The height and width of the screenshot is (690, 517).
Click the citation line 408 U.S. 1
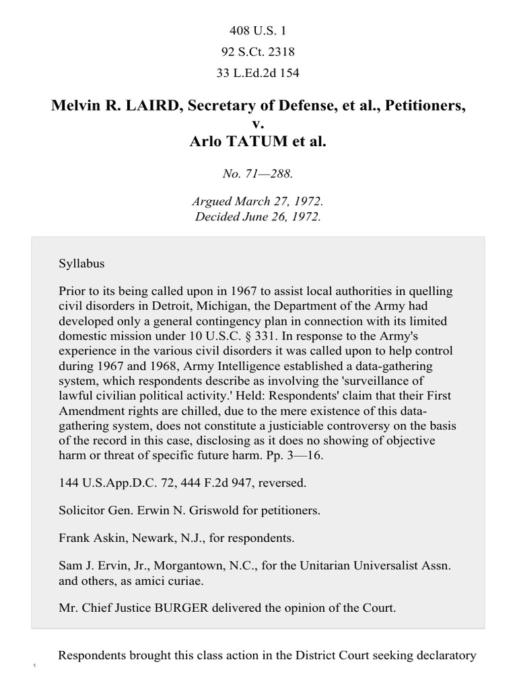pos(258,30)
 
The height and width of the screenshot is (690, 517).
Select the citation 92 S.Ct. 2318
pos(258,52)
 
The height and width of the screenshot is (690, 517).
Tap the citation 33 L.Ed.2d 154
pos(258,73)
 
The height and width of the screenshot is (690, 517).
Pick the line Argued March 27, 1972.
pos(258,203)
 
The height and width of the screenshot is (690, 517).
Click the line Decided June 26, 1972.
pos(258,216)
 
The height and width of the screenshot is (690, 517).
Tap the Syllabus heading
pos(82,263)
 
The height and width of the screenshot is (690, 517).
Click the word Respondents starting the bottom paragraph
pos(98,656)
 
